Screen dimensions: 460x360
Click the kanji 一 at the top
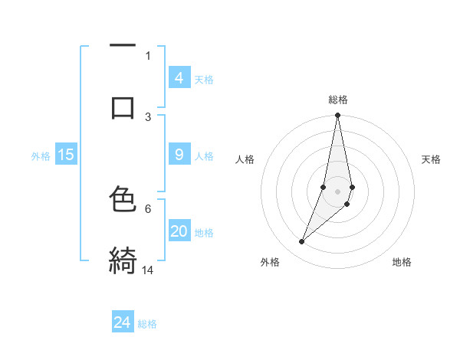123,47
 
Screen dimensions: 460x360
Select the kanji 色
123,199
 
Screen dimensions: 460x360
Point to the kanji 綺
123,260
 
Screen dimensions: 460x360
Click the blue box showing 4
179,78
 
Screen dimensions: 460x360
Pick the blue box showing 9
179,155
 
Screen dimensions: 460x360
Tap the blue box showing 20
179,231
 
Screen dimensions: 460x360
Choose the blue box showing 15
66,155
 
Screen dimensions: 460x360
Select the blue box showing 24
123,322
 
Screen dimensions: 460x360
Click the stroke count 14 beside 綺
149,270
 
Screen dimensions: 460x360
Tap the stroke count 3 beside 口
148,116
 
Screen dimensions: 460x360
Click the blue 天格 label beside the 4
204,80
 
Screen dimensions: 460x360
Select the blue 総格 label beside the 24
147,324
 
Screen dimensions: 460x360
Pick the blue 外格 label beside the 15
41,156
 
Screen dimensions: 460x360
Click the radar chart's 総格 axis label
338,100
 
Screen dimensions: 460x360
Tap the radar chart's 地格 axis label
402,262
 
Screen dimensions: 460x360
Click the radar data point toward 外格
301,242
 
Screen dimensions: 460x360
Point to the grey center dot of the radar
338,191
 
